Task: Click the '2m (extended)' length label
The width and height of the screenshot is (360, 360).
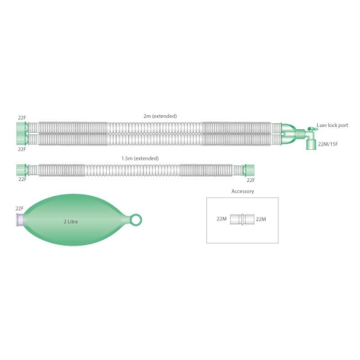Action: pos(160,116)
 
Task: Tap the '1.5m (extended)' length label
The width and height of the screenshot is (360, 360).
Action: pos(140,158)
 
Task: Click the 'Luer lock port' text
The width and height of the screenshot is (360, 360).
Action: pos(333,125)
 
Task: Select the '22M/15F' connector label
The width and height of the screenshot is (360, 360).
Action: pos(328,144)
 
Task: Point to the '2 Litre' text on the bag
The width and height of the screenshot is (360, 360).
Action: pos(71,222)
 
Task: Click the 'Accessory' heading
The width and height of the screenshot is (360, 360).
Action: pos(243,192)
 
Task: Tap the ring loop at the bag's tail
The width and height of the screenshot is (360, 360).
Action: pos(136,220)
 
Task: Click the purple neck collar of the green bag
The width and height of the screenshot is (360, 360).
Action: pos(20,220)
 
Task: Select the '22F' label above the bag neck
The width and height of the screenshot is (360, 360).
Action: pos(19,209)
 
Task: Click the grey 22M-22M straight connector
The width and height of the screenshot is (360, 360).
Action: pos(242,219)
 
